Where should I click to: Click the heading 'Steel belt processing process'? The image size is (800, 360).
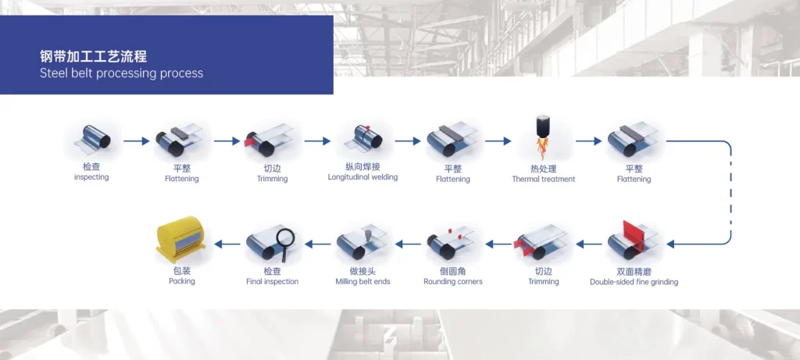[121, 73]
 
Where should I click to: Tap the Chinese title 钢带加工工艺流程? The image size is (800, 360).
[93, 56]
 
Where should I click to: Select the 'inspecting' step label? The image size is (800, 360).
[91, 177]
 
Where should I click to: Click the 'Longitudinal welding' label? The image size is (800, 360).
[362, 177]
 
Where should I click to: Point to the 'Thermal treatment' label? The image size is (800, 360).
[543, 179]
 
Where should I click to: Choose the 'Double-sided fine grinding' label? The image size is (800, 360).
[634, 282]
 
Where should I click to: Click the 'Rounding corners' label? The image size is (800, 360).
[453, 281]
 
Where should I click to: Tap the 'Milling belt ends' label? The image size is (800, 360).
[362, 281]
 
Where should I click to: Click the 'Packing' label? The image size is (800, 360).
[181, 281]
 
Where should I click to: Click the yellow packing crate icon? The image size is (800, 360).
[181, 239]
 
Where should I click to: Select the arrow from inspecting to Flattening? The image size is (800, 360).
[136, 141]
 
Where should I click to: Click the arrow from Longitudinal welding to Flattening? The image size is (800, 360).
[408, 141]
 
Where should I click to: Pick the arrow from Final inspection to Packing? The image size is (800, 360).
[227, 244]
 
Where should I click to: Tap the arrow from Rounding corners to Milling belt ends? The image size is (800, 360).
[408, 244]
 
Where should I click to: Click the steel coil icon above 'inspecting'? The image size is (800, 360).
[92, 139]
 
